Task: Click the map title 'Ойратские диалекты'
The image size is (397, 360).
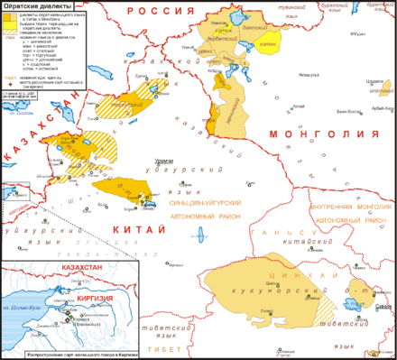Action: (x=32, y=6)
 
